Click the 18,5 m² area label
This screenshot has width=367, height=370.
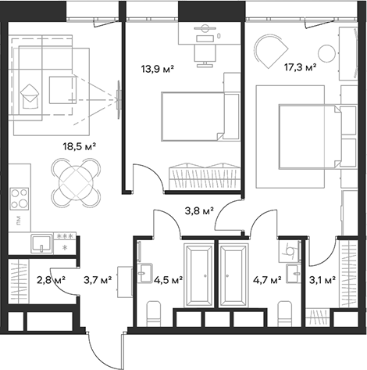[x=80, y=145]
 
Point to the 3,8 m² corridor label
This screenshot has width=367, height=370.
[x=198, y=210]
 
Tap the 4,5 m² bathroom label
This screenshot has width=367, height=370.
[x=168, y=279]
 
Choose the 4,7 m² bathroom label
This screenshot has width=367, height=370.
[x=266, y=279]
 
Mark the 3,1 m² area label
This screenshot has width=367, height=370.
[x=322, y=279]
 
